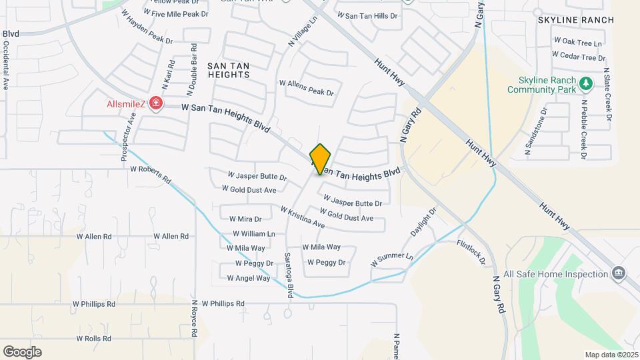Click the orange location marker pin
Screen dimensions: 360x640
pyautogui.click(x=321, y=159)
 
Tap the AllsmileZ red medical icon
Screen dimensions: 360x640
pyautogui.click(x=156, y=103)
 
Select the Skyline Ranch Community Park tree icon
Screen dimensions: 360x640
pyautogui.click(x=585, y=83)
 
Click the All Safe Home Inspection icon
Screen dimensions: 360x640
pyautogui.click(x=618, y=273)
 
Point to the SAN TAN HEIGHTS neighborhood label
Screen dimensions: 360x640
pyautogui.click(x=229, y=70)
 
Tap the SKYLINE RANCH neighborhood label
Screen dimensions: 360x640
pyautogui.click(x=576, y=20)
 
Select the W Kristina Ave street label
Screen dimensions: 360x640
pyautogui.click(x=302, y=217)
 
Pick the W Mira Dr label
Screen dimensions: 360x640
pyautogui.click(x=245, y=219)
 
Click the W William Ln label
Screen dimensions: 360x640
pyautogui.click(x=253, y=234)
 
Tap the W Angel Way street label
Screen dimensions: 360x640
pyautogui.click(x=249, y=278)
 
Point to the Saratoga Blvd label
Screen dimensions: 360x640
pyautogui.click(x=289, y=275)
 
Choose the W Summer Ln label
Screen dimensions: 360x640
pyautogui.click(x=392, y=260)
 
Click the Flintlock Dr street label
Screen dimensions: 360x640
pyautogui.click(x=471, y=253)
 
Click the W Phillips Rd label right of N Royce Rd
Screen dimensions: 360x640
pyautogui.click(x=223, y=303)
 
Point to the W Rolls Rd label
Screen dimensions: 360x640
pyautogui.click(x=93, y=339)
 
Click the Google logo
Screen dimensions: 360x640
pyautogui.click(x=22, y=351)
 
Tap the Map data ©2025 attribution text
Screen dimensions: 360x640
pyautogui.click(x=611, y=355)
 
